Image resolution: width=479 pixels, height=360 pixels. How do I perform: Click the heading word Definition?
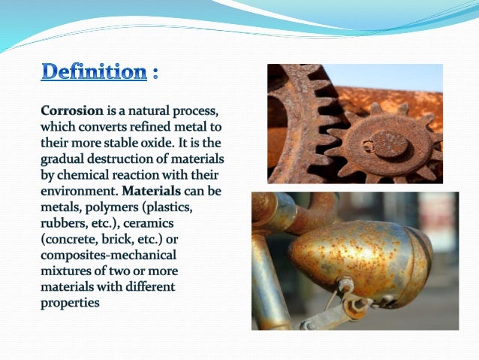click(x=93, y=73)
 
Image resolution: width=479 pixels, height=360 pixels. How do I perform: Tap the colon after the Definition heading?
click(x=155, y=74)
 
